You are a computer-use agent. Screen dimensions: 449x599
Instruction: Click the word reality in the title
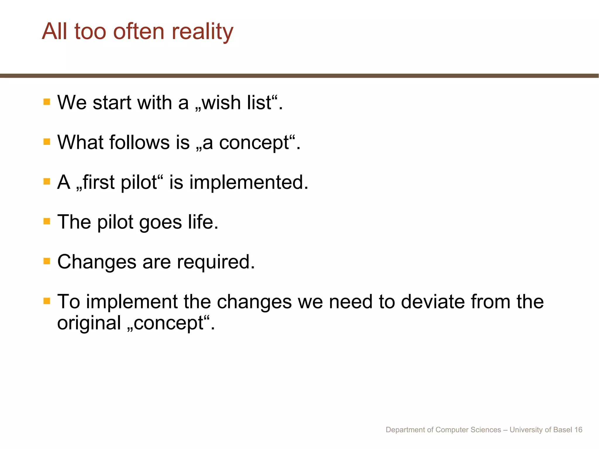(202, 32)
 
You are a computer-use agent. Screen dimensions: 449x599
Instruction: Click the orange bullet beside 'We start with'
(47, 102)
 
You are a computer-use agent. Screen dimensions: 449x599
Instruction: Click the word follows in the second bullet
(140, 142)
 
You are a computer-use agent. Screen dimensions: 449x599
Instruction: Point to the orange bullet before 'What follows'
(47, 142)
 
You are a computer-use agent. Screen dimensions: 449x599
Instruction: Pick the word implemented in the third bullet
(249, 182)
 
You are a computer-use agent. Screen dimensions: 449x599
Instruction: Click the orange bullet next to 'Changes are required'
(47, 261)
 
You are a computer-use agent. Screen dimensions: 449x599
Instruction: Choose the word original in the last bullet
(89, 323)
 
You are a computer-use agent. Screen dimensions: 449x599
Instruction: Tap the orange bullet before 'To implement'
(47, 301)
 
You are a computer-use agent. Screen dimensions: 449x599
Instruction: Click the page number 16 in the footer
(578, 430)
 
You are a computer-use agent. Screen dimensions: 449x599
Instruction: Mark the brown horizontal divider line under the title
(299, 76)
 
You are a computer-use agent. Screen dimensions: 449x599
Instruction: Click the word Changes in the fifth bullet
(97, 262)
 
